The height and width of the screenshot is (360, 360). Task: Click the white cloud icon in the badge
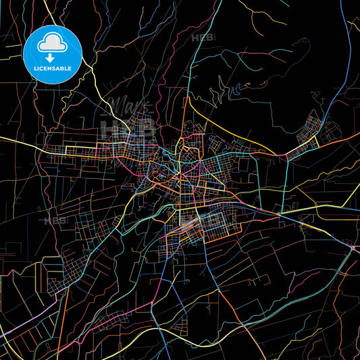click(53, 42)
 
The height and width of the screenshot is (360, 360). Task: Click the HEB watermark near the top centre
click(202, 38)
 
